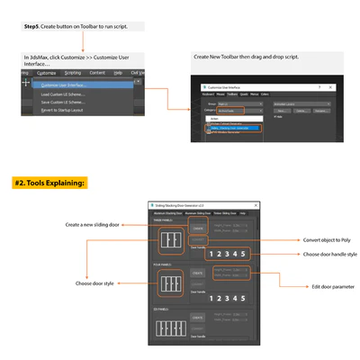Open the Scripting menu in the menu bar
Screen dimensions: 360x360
point(72,72)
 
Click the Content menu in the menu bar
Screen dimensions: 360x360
point(96,72)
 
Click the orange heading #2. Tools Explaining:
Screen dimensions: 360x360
point(49,183)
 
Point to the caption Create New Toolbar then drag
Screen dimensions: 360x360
point(245,57)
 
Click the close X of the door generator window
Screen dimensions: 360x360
point(256,205)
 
